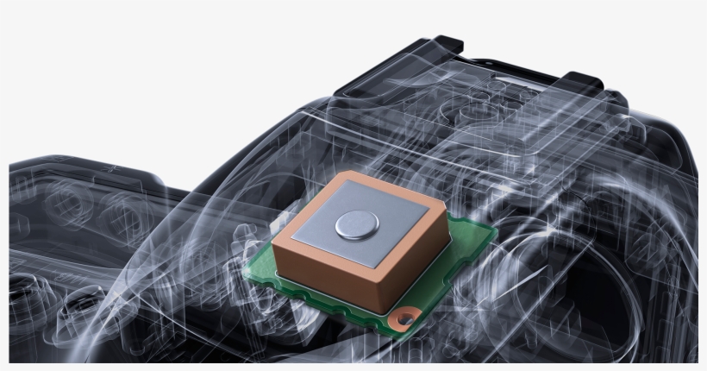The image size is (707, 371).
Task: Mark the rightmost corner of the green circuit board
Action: click(x=495, y=231)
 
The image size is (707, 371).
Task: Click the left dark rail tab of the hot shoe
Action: click(x=447, y=43)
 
